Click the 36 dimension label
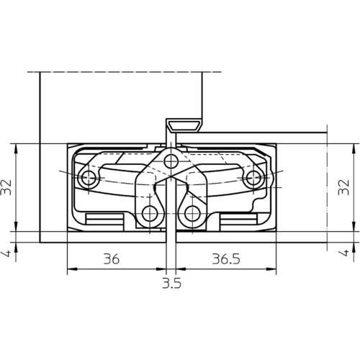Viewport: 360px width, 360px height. click(x=112, y=259)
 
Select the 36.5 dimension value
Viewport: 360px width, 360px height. click(x=226, y=259)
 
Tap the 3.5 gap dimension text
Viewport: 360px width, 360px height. click(x=171, y=284)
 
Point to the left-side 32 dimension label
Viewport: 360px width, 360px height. click(x=6, y=187)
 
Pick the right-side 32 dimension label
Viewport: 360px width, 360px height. click(x=343, y=187)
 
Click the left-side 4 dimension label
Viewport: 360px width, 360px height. click(x=7, y=253)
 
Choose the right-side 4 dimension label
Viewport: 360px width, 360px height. click(x=344, y=253)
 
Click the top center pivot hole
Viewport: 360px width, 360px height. click(x=171, y=161)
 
